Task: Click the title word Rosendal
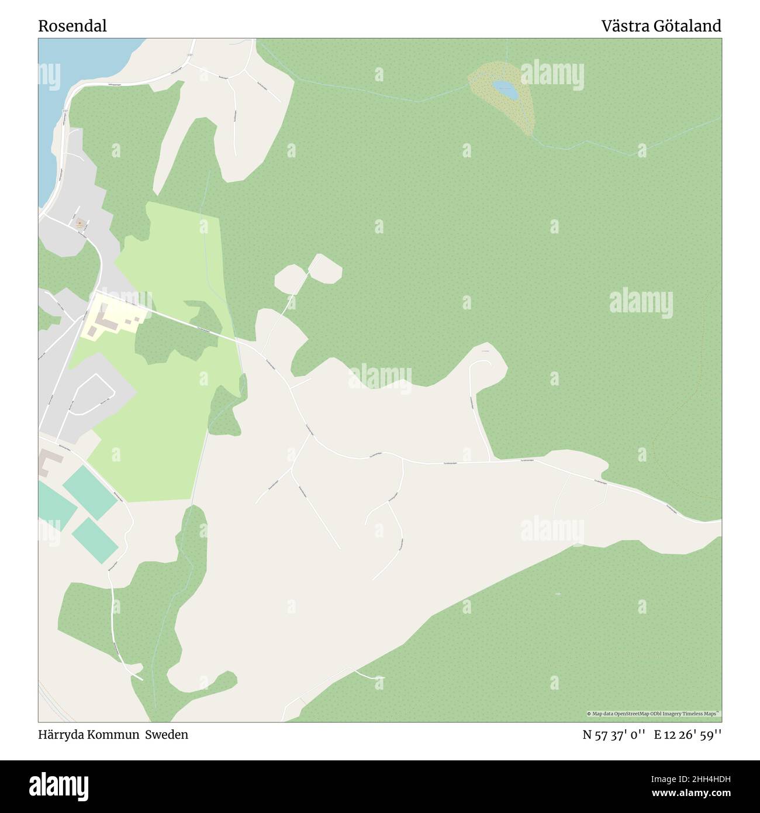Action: (72, 26)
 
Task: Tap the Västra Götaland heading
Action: (661, 26)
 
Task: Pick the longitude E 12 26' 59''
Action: (688, 735)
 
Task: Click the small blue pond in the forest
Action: (505, 90)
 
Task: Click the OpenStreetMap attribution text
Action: (654, 714)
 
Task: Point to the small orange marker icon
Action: (79, 222)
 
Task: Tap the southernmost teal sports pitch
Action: (96, 538)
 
